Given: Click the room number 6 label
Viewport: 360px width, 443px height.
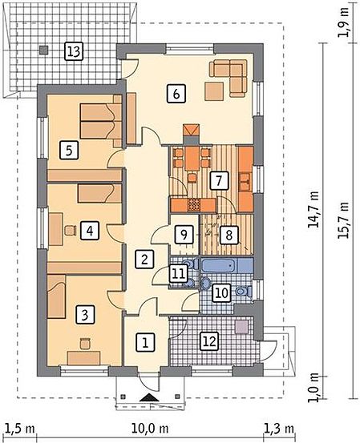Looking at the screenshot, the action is click(x=176, y=94).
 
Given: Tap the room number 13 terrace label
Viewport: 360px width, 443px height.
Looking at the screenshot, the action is click(x=74, y=51).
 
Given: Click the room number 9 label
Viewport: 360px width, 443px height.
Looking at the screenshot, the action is click(x=184, y=234).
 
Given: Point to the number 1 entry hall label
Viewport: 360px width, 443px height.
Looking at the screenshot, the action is click(x=145, y=343).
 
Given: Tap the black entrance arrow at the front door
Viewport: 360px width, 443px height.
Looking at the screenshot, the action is click(x=150, y=398).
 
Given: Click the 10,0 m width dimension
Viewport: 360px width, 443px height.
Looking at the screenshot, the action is click(x=150, y=429).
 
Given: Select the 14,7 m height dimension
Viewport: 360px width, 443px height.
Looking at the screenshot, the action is click(x=314, y=209).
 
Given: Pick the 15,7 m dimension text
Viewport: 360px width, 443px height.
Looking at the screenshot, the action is click(x=345, y=219).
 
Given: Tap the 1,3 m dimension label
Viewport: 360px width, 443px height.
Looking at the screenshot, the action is click(x=279, y=429).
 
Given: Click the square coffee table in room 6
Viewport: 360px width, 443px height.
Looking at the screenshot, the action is click(x=214, y=91).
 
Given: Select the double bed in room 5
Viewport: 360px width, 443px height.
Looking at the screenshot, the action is click(x=101, y=121).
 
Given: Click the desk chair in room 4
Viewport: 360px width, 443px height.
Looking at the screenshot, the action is click(x=71, y=230).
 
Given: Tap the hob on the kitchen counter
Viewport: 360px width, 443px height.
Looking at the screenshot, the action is click(x=194, y=205).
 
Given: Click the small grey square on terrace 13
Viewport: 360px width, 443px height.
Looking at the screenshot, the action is click(x=43, y=50).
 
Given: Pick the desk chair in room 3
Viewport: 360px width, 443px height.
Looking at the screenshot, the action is click(x=85, y=344).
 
